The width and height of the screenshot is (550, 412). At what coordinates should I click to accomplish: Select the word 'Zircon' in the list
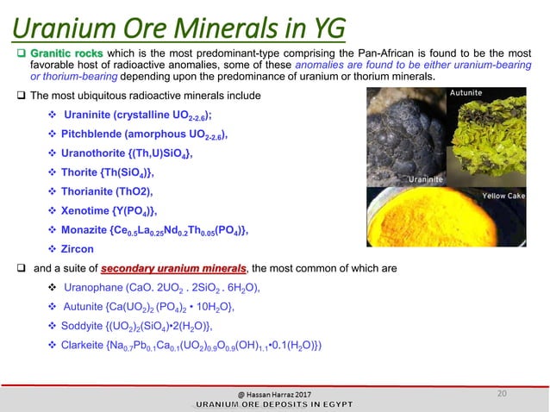78,249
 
